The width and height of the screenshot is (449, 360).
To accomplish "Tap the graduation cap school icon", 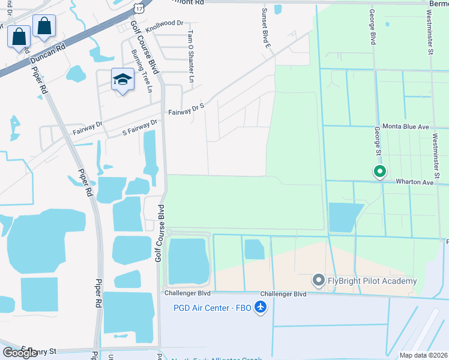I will pos(122,80).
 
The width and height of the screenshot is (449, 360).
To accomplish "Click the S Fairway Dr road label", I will pos(139,127).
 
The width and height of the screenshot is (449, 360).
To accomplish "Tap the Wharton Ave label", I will pos(414,181).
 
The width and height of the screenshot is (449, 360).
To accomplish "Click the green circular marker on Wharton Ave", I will pos(379,172).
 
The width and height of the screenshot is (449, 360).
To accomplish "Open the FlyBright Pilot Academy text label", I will pos(372,281).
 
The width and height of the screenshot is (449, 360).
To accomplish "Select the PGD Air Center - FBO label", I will pos(210,308).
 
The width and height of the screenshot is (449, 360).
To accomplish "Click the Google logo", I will pos(20,352).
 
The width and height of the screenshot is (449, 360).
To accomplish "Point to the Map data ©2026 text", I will pos(423,355).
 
